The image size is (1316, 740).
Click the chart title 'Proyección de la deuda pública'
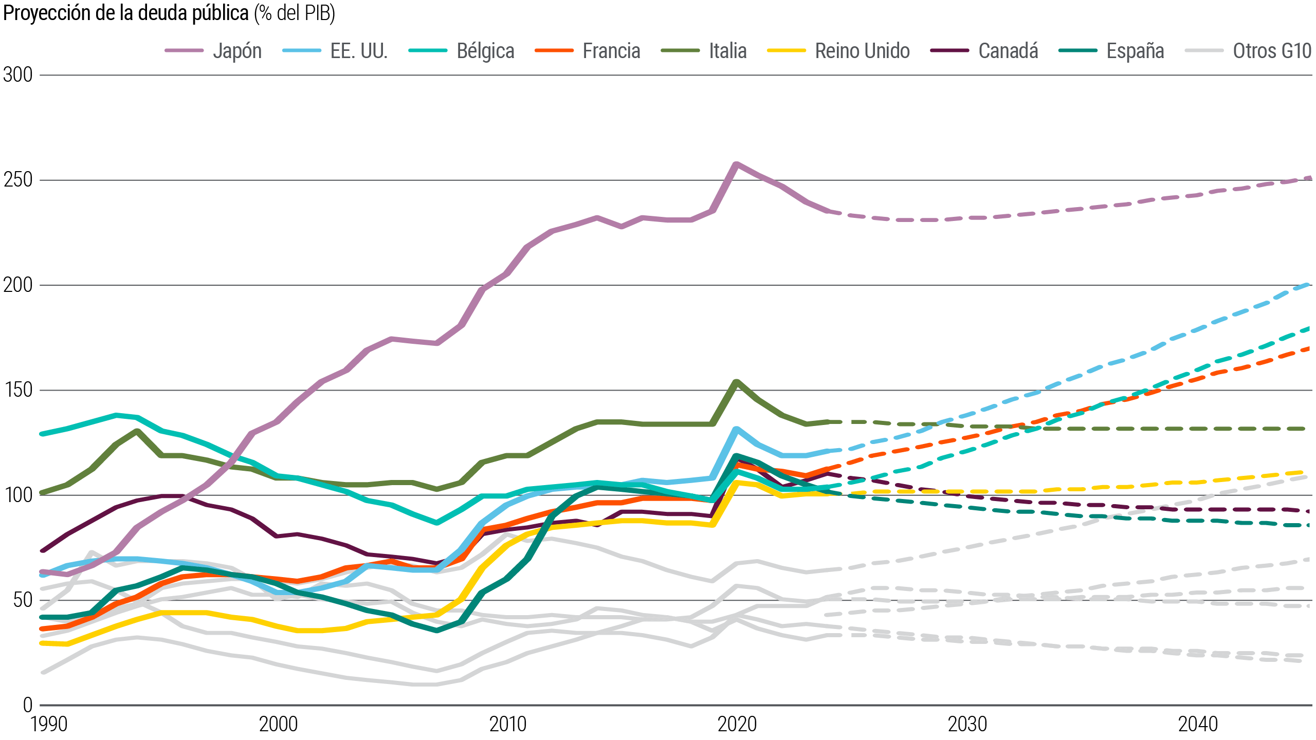coord(126,13)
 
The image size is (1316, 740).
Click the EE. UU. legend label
coord(358,51)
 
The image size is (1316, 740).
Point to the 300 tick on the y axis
coord(18,75)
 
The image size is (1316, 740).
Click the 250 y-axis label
coord(18,180)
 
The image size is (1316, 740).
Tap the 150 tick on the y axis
coord(18,390)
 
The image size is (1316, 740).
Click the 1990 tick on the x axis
coord(49,725)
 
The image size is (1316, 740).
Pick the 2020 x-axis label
coord(737,725)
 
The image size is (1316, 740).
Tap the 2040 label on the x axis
coord(1198,725)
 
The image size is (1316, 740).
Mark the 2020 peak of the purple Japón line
coord(737,164)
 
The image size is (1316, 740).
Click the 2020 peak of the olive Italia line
coord(737,382)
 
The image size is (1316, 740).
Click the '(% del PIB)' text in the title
coord(295,13)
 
